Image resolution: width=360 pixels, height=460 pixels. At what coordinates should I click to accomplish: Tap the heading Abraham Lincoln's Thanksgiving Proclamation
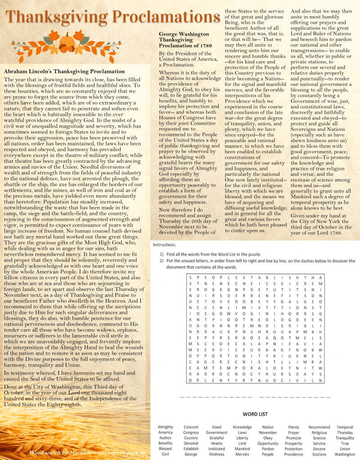(64, 71)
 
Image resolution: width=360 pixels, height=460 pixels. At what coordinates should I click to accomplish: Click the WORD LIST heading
(255, 414)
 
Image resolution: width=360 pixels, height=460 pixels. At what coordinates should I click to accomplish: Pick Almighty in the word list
(165, 427)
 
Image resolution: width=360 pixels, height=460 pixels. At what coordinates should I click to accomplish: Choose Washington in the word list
(345, 454)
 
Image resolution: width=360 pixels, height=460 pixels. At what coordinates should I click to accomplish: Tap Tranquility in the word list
(345, 438)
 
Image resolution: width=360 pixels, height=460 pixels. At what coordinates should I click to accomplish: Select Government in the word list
(216, 433)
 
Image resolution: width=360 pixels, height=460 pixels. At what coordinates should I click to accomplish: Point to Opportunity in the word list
(268, 443)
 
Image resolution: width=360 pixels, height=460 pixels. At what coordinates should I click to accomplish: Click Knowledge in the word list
(242, 427)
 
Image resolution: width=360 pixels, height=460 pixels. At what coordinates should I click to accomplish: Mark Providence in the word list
(293, 454)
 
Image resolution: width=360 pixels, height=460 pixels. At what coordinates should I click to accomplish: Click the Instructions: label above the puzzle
(165, 245)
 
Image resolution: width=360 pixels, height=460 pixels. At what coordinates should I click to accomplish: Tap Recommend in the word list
(319, 427)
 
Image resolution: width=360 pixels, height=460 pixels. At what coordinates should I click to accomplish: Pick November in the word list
(268, 433)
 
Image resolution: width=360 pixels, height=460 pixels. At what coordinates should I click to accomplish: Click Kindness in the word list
(216, 454)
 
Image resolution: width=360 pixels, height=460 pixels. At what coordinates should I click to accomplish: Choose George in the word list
(191, 454)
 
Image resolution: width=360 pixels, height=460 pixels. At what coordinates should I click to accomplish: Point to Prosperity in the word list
(293, 443)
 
